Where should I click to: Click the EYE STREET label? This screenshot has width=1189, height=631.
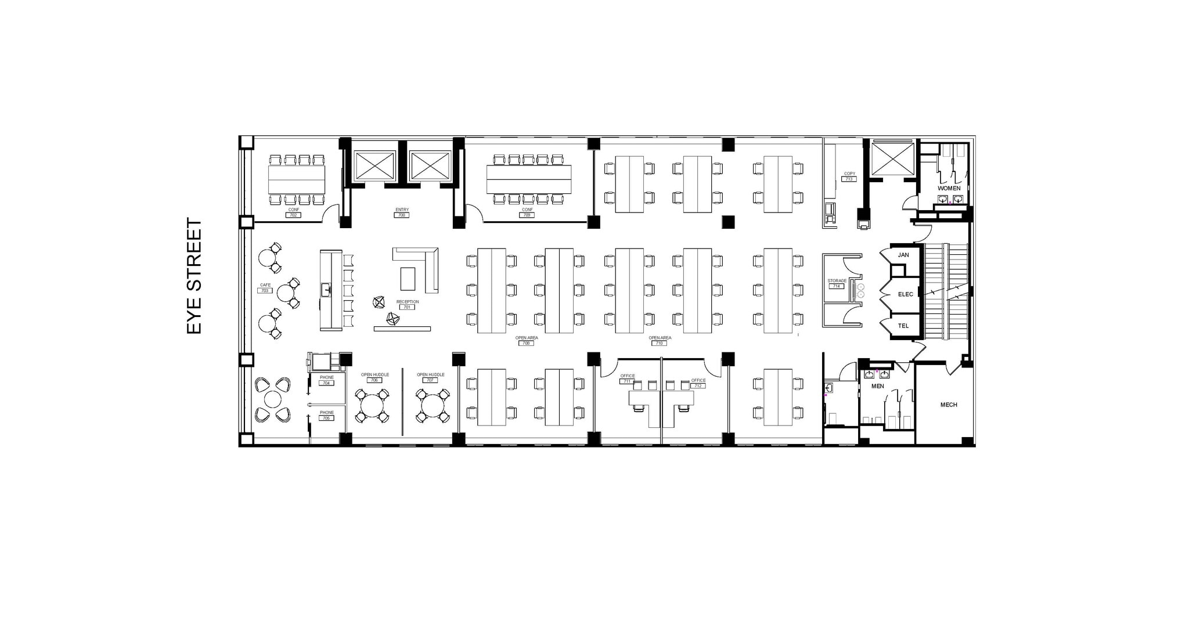[x=194, y=276]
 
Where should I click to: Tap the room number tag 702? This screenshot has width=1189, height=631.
[x=293, y=215]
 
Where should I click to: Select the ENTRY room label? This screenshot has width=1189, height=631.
[x=402, y=210]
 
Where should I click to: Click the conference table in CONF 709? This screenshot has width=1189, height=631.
[x=528, y=179]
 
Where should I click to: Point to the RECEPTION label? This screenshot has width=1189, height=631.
[x=407, y=302]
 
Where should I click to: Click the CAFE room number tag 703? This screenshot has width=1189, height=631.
[x=265, y=290]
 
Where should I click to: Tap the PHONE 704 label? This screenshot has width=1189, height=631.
[x=327, y=378]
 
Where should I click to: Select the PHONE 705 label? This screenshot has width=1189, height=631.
[x=327, y=413]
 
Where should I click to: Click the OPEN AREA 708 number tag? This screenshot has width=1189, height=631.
[x=527, y=343]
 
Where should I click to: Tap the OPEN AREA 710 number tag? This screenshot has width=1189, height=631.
[x=660, y=343]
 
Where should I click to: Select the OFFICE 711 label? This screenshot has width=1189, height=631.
[x=627, y=376]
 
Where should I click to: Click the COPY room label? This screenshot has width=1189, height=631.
[x=849, y=174]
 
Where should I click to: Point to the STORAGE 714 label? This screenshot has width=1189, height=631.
[x=837, y=281]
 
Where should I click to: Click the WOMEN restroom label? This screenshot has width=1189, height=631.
[x=949, y=188]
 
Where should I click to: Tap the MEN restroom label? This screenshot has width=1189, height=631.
[x=877, y=386]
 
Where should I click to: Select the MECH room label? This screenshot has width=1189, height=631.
[x=949, y=405]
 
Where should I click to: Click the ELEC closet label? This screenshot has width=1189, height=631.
[x=905, y=294]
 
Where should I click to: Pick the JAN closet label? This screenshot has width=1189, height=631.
[x=903, y=255]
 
